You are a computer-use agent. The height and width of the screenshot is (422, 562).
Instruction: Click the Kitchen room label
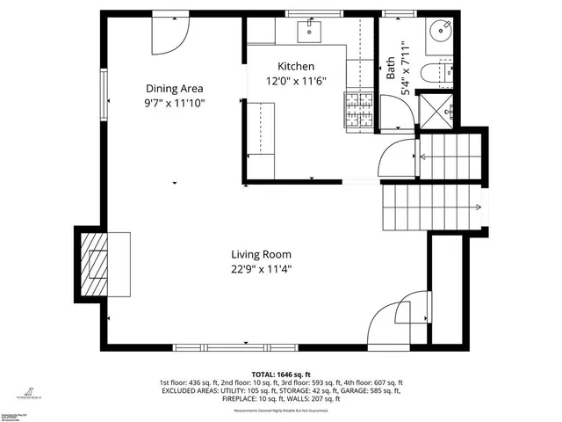[296, 67]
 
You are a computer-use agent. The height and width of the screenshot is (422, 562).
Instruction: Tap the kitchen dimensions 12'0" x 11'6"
[296, 81]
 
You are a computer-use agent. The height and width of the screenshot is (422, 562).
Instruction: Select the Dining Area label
[175, 88]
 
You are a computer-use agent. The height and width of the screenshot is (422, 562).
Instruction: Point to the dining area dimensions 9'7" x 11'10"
[175, 102]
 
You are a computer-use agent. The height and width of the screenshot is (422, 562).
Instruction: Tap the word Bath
[391, 69]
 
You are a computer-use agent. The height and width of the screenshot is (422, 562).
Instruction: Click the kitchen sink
[310, 32]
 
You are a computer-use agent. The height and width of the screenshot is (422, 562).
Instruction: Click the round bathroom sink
[439, 32]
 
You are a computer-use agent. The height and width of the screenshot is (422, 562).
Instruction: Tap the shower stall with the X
[437, 110]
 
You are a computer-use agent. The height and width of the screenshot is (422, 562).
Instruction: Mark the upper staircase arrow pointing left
[424, 156]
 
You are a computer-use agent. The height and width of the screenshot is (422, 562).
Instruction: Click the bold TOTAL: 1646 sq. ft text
[282, 374]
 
